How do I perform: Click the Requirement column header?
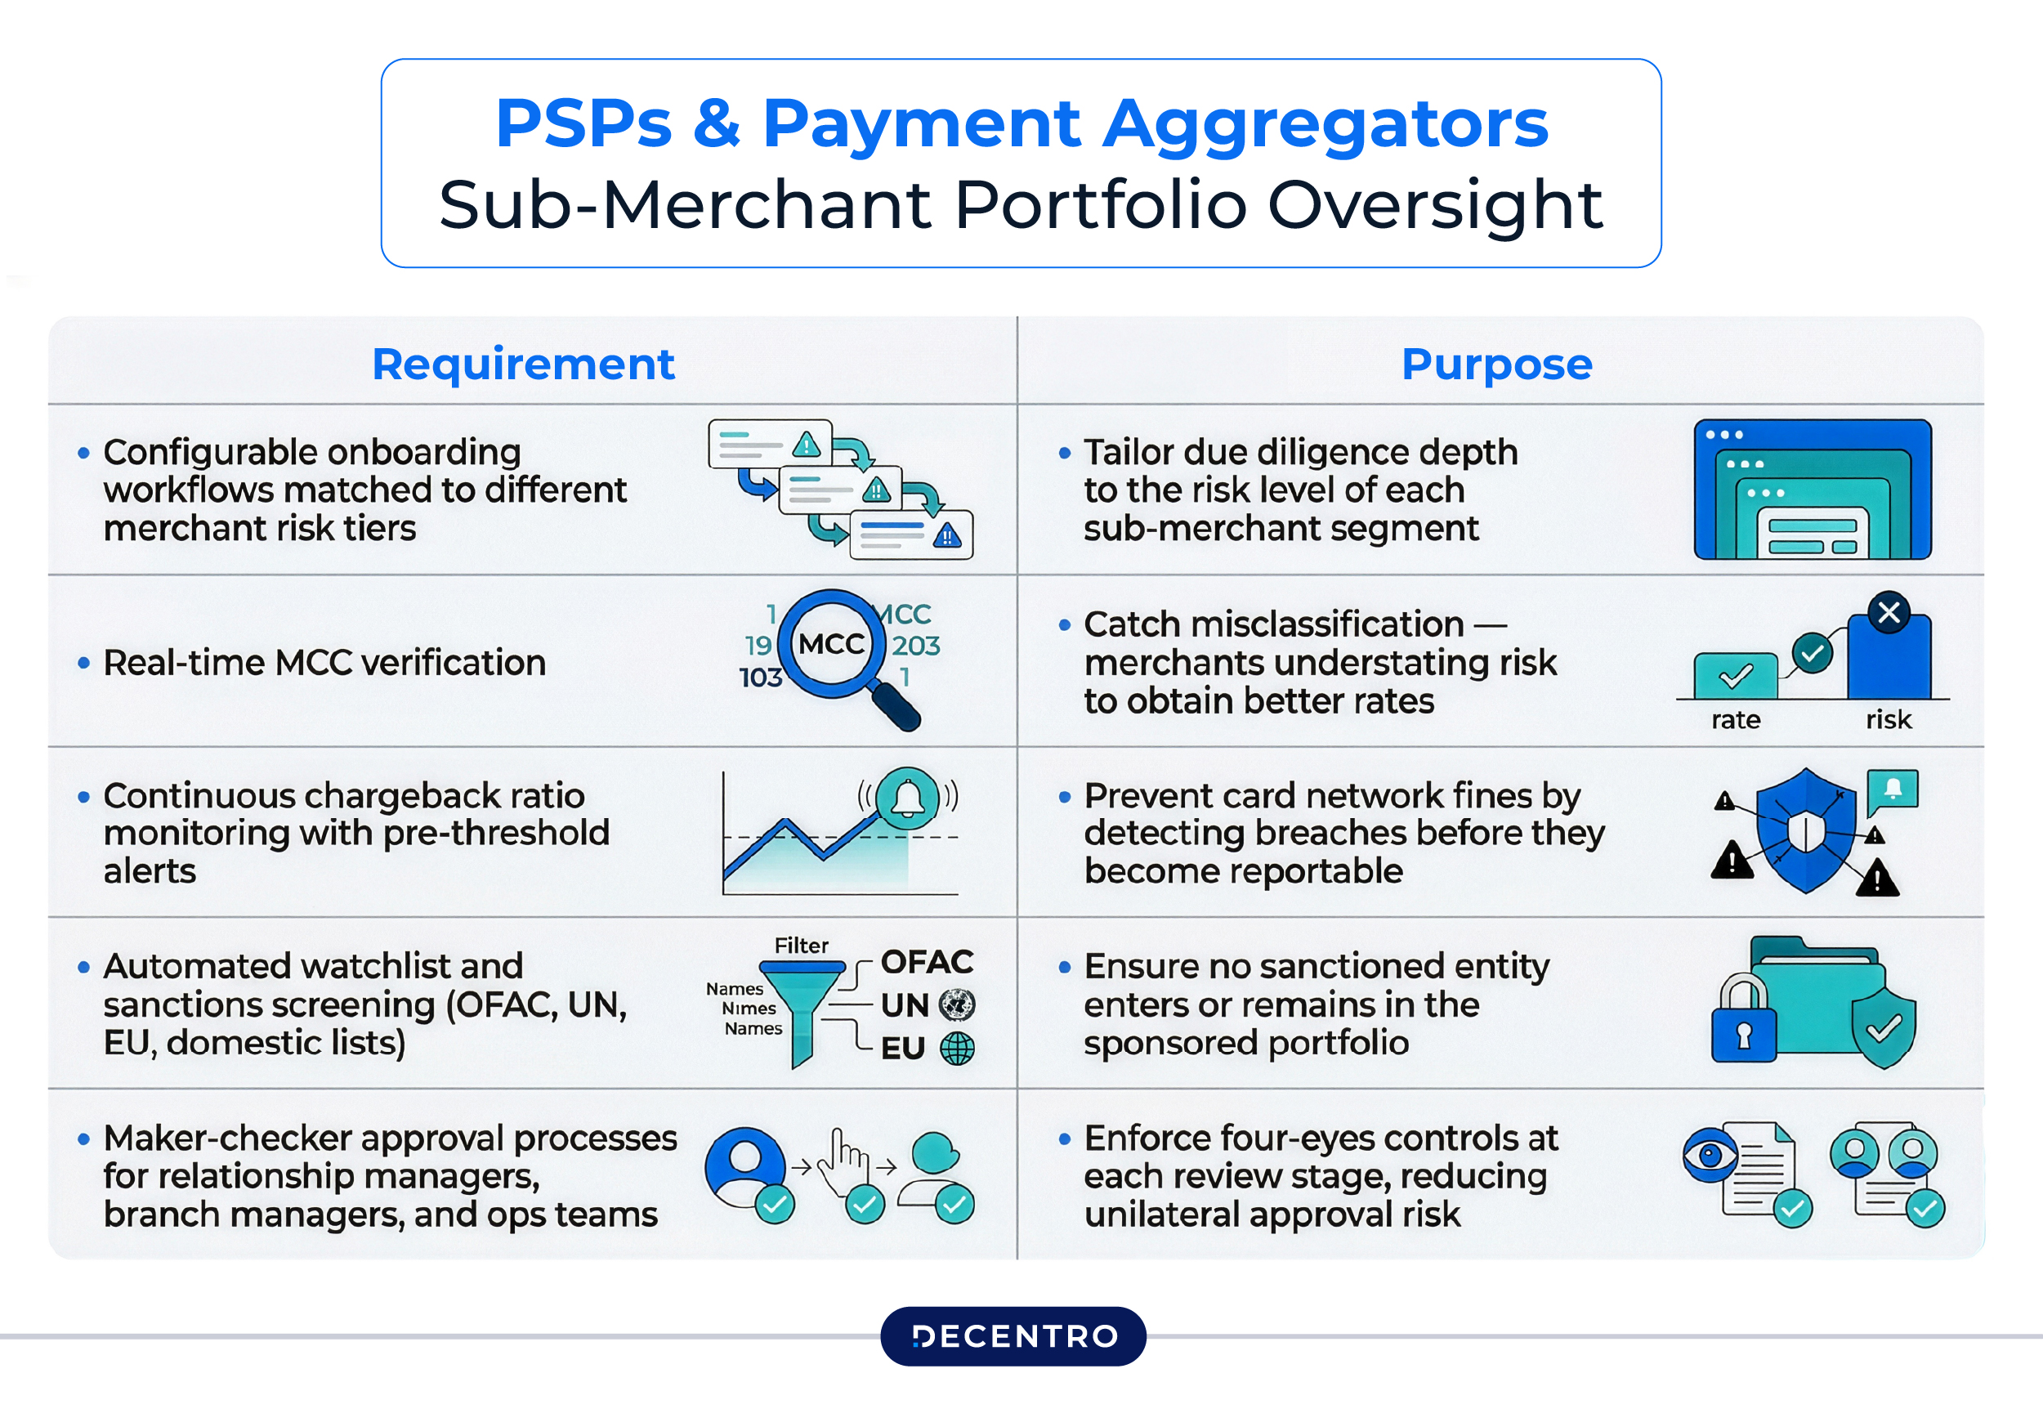click(x=522, y=364)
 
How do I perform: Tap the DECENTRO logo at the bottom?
click(x=1013, y=1335)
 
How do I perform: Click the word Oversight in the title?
click(x=1435, y=205)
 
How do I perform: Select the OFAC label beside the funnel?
click(x=927, y=961)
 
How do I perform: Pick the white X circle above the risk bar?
click(x=1889, y=613)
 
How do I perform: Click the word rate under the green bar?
click(x=1735, y=719)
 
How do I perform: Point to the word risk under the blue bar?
click(x=1888, y=719)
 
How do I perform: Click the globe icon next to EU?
click(x=957, y=1048)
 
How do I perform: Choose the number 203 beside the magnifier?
click(x=915, y=646)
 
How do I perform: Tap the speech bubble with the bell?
click(x=1892, y=790)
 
